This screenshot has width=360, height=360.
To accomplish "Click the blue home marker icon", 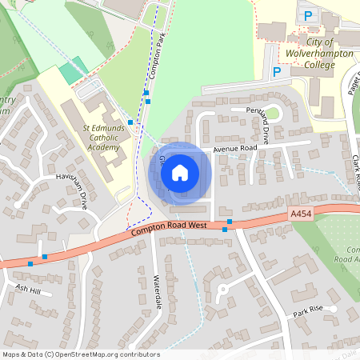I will click(180, 172).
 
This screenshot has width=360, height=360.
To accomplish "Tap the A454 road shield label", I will click(300, 214).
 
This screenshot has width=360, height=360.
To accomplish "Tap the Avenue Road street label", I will click(234, 149).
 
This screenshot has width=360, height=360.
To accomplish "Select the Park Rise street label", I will click(306, 310).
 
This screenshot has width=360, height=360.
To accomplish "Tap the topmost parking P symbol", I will click(307, 15).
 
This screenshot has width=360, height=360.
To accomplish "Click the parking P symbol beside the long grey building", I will click(277, 72).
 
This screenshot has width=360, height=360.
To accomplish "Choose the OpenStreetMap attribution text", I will click(80, 354).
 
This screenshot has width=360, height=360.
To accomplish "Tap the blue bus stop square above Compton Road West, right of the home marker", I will click(230, 221).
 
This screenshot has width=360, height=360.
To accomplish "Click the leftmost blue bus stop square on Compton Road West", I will click(30, 262).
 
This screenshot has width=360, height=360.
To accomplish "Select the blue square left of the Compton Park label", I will click(130, 122).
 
